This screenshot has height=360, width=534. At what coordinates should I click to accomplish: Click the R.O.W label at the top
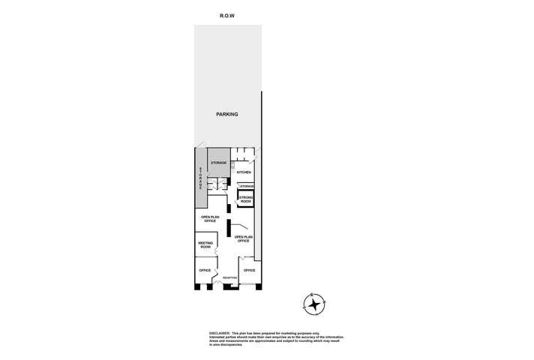coord(228,15)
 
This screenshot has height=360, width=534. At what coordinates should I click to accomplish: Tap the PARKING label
coord(227,115)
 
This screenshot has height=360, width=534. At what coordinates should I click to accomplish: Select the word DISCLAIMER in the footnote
coord(220,332)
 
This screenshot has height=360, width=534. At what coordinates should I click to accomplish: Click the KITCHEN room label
coord(244,172)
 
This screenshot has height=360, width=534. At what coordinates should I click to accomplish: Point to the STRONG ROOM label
coord(246,199)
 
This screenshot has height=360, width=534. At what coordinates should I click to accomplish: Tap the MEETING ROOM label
coord(205,244)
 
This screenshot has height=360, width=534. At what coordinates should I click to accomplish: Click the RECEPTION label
coord(229,277)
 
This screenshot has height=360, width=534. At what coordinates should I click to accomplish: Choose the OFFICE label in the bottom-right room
coord(250,270)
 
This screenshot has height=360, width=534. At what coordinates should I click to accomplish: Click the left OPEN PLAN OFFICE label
coord(209,219)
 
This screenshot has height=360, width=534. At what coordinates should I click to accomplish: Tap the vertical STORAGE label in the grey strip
coord(200,178)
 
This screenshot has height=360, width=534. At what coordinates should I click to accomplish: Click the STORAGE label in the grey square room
coord(218,163)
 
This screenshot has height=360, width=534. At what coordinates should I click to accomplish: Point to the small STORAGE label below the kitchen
coord(247,186)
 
